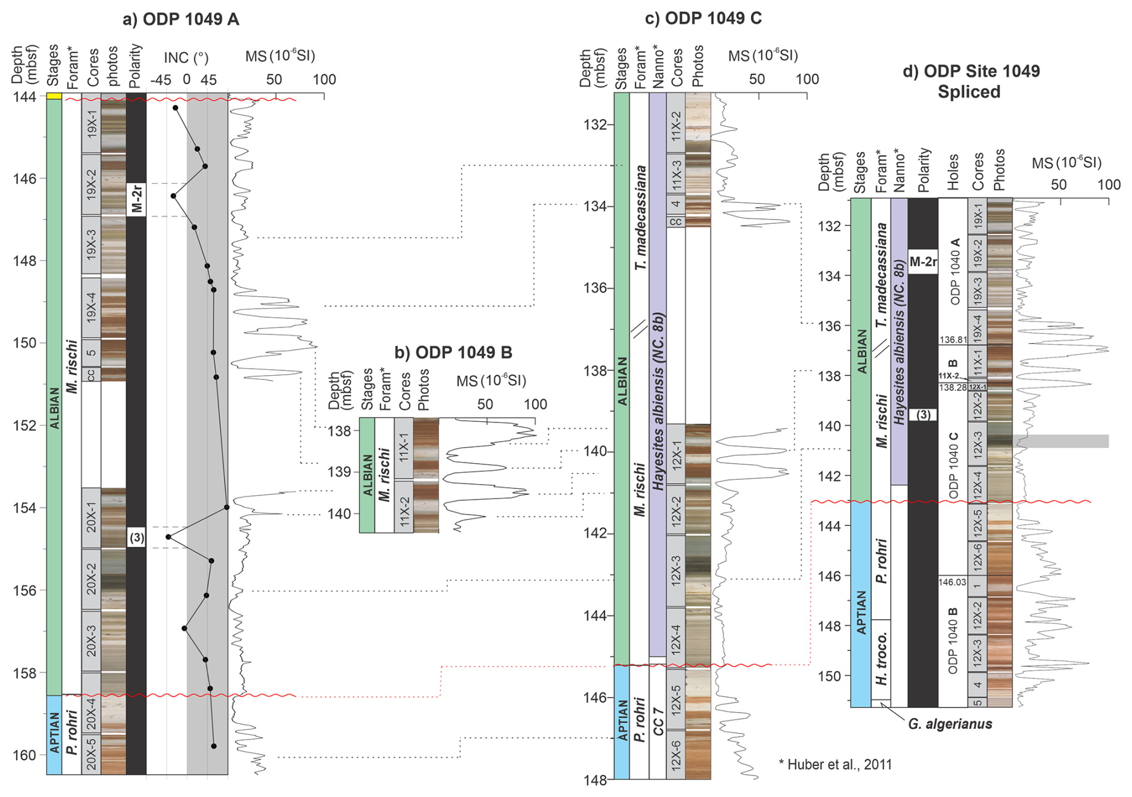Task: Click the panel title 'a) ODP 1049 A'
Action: (181, 19)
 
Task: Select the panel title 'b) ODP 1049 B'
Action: (453, 352)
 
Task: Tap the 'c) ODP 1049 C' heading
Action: (703, 19)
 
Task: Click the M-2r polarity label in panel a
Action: (136, 199)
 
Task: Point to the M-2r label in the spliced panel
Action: (923, 261)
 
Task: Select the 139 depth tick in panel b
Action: (339, 472)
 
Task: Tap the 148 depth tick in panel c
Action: (595, 780)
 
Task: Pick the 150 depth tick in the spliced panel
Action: (829, 676)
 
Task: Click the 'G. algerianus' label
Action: (950, 724)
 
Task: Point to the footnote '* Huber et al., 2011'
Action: (835, 764)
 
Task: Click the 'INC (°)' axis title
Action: (186, 57)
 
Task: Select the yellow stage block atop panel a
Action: (54, 96)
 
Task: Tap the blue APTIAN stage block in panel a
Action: (54, 734)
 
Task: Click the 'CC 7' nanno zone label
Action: (658, 721)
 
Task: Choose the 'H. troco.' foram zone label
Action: (881, 658)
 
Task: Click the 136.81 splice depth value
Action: (953, 340)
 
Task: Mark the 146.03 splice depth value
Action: (952, 582)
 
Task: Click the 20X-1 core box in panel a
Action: (91, 517)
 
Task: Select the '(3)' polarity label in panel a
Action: (136, 537)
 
